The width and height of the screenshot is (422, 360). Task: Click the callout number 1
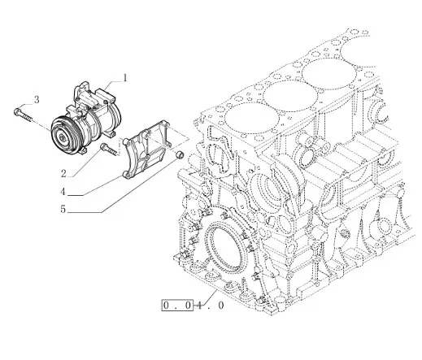pos(125,78)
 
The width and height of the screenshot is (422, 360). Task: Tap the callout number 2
pos(63,173)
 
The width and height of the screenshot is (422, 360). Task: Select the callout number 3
pos(37,100)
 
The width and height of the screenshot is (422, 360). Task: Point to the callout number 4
pos(63,192)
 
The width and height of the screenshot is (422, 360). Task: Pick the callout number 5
pos(63,209)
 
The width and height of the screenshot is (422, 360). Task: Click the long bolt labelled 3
pos(23,115)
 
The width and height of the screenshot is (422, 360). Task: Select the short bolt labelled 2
pos(110,150)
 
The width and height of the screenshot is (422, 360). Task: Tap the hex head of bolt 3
pos(16,111)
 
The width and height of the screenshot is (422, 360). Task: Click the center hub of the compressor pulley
pos(63,138)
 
